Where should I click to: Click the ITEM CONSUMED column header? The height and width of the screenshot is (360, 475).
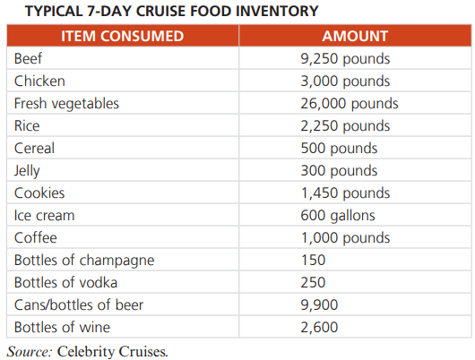123,36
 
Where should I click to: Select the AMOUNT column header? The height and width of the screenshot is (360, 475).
355,36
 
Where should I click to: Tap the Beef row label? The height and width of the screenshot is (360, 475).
28,58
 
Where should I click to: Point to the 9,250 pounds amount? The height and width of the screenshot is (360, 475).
345,59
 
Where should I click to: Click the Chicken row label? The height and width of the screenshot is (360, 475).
39,81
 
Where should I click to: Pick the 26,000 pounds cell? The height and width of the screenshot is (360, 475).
350,104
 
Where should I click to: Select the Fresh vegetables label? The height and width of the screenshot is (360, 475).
66,104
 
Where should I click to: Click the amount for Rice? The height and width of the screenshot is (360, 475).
345,126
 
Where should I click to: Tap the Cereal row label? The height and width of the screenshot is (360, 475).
34,148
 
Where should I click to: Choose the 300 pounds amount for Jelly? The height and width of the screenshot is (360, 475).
339,171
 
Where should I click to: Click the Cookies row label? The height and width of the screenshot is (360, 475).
39,193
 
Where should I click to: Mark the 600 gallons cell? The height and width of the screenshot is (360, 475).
338,216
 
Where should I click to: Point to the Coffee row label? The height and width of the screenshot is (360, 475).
36,237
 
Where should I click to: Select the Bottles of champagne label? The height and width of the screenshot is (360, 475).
84,261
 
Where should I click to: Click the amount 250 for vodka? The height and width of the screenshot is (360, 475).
313,282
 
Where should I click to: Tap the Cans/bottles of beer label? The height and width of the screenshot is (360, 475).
79,304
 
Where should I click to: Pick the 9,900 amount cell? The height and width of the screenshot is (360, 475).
319,305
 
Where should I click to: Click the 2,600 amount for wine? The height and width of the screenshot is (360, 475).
319,328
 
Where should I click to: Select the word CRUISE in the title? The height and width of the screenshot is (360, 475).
160,12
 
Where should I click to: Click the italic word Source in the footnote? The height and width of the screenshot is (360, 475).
30,352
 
